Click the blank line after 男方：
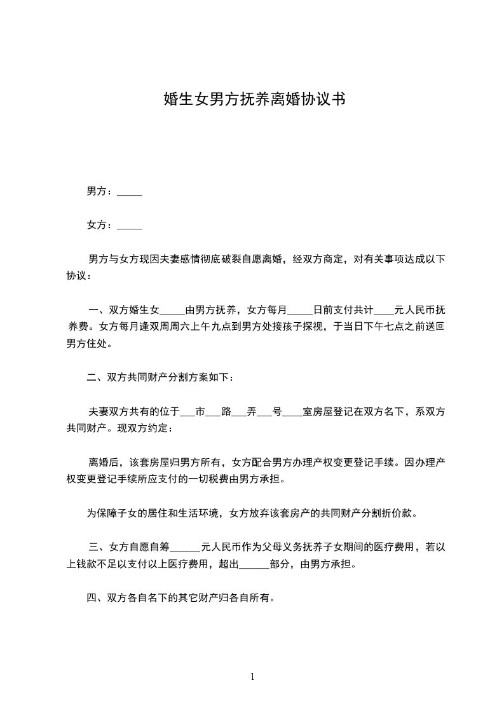pyautogui.click(x=130, y=193)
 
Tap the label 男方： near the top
pyautogui.click(x=100, y=191)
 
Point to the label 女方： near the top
pyautogui.click(x=100, y=225)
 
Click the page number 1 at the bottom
pyautogui.click(x=252, y=677)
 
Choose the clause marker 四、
pyautogui.click(x=97, y=597)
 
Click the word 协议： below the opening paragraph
pyautogui.click(x=79, y=276)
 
